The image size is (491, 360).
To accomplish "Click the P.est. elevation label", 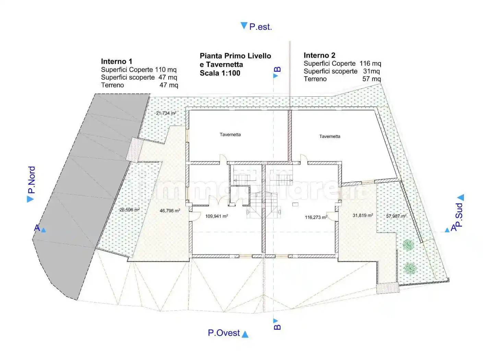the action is click(x=261, y=27).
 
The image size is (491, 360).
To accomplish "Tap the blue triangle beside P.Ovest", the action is click(x=245, y=334).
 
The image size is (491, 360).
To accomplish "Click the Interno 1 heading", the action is click(x=116, y=61).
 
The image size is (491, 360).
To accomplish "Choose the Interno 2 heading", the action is click(x=319, y=55).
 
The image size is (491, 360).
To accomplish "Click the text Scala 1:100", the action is click(x=220, y=73).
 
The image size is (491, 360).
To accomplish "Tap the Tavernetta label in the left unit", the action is click(x=230, y=135).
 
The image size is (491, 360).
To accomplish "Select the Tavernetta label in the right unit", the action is click(x=330, y=136).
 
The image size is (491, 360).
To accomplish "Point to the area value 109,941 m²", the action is click(x=217, y=216).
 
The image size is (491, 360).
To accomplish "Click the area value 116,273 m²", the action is click(x=316, y=217).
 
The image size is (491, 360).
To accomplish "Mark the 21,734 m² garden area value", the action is click(x=166, y=113).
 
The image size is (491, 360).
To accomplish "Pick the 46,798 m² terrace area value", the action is click(x=170, y=211).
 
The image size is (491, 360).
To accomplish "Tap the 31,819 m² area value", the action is click(x=363, y=215).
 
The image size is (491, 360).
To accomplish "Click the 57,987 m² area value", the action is click(x=396, y=216).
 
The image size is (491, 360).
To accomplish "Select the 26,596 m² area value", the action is click(x=130, y=209).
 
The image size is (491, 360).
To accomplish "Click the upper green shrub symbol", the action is click(x=408, y=245).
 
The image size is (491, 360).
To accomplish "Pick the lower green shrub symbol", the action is click(x=410, y=268).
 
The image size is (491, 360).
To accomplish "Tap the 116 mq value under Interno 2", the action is click(x=370, y=63).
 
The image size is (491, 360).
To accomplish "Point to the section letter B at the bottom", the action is click(x=277, y=327).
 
